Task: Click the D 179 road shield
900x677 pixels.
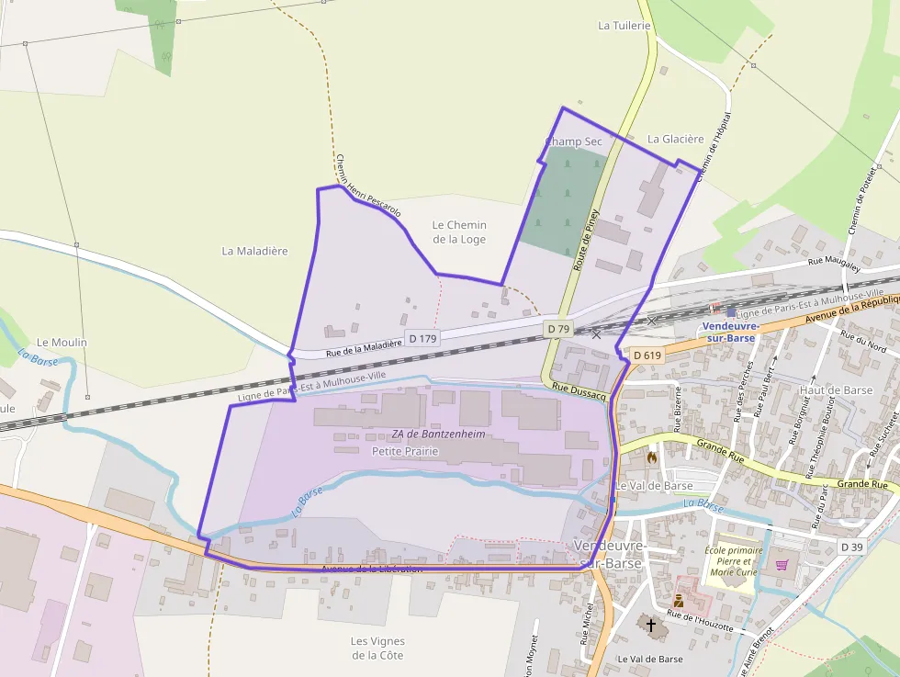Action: [x=422, y=339]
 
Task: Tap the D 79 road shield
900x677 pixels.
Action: [x=557, y=328]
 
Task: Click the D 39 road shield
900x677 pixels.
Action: [x=851, y=547]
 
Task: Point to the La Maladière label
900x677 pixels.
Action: [x=255, y=251]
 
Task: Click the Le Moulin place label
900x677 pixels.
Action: [x=62, y=343]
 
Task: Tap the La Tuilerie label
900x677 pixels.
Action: [x=624, y=26]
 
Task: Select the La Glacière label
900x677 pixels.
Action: [x=675, y=139]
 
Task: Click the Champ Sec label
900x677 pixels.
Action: [x=573, y=141]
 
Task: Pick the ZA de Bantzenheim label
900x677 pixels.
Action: [x=438, y=434]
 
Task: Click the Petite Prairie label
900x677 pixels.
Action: [x=405, y=452]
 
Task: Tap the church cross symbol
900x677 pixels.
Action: [x=651, y=626]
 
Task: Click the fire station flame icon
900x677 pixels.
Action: [x=652, y=457]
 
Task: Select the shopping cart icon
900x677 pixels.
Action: [x=782, y=565]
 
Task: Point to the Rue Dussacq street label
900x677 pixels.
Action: [x=579, y=390]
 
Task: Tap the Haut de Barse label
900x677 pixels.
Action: [x=836, y=389]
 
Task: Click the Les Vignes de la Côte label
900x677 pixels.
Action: [x=377, y=648]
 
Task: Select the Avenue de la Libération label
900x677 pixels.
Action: [x=372, y=569]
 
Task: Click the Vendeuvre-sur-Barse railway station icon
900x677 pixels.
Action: [x=731, y=311]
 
